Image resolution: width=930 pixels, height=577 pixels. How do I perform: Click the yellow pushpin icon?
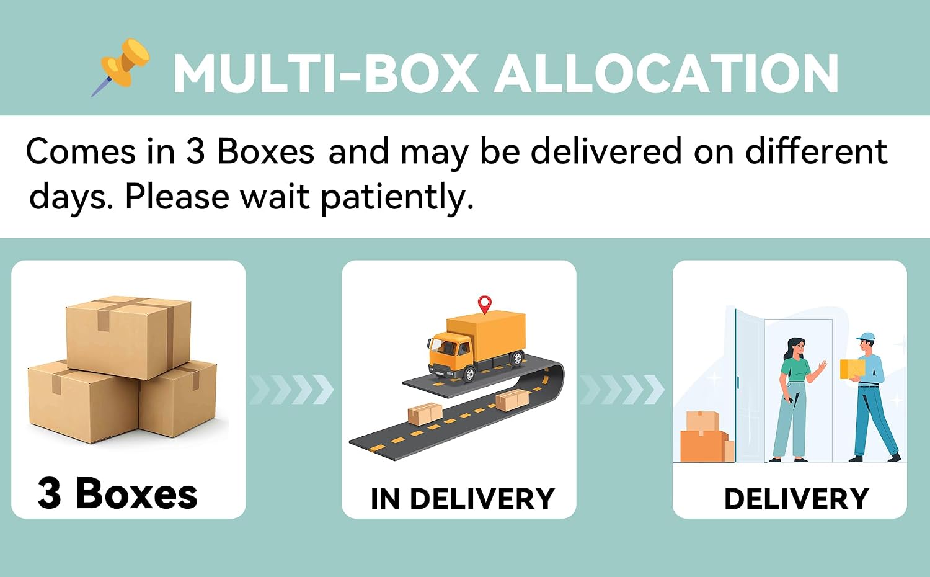[120, 66]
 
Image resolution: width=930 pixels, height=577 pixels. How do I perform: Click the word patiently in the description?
[397, 198]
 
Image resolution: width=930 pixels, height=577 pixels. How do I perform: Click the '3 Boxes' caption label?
[118, 493]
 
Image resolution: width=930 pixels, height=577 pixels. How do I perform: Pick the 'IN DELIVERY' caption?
[463, 498]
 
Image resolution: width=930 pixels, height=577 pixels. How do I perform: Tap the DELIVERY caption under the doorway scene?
[796, 498]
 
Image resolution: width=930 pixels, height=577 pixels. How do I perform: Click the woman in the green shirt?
[795, 399]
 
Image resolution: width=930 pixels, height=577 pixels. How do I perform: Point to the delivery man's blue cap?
[866, 336]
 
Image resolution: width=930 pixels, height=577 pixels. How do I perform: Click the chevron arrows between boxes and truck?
[291, 390]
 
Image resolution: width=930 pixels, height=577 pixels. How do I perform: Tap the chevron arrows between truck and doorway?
[621, 390]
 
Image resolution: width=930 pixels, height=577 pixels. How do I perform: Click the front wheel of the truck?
[469, 374]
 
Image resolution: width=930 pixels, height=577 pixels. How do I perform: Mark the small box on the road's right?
[512, 400]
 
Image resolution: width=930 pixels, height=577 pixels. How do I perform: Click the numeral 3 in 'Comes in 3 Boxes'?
[195, 151]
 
